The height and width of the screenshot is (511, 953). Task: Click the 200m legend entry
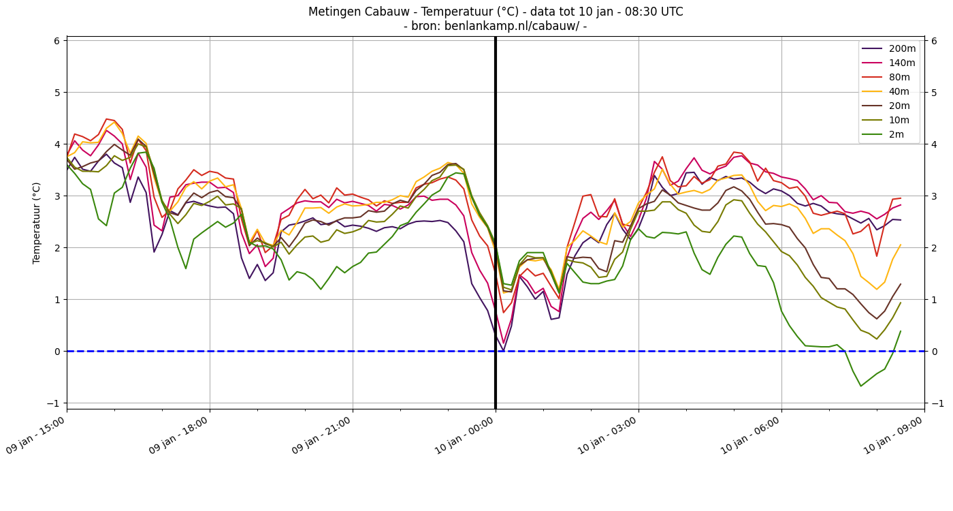888,48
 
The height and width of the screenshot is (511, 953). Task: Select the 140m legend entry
888,63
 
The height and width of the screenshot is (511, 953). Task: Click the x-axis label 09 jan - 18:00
178,435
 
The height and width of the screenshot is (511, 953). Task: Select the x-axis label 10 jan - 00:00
464,435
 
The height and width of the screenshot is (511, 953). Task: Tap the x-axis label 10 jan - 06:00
750,435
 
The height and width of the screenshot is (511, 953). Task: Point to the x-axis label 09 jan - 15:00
35,435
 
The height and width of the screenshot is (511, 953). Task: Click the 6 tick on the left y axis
57,41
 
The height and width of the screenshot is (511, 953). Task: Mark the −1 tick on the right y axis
937,403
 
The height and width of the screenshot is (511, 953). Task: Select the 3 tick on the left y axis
57,196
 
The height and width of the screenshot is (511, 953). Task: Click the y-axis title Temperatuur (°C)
37,223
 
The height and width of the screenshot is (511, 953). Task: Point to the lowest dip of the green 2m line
860,386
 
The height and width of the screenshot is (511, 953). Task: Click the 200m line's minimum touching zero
503,351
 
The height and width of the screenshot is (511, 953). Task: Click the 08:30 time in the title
639,12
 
